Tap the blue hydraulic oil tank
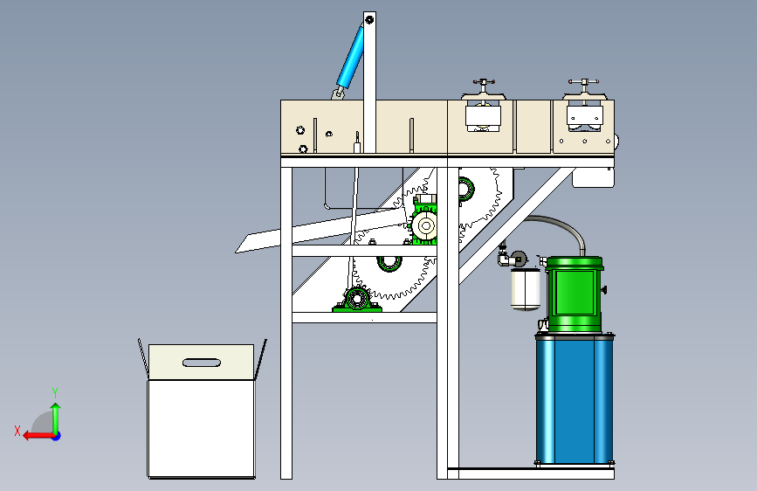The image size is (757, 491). click(575, 398)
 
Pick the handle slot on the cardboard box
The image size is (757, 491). click(202, 362)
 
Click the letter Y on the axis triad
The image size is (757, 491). click(55, 392)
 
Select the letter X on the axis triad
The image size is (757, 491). click(17, 431)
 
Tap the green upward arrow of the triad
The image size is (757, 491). click(55, 415)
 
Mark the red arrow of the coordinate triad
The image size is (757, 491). click(35, 435)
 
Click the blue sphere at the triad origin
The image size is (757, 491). click(56, 435)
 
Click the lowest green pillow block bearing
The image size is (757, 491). click(355, 299)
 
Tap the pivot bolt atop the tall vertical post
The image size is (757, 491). click(369, 19)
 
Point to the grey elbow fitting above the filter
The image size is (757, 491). click(505, 258)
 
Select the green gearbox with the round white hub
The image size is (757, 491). click(425, 224)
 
